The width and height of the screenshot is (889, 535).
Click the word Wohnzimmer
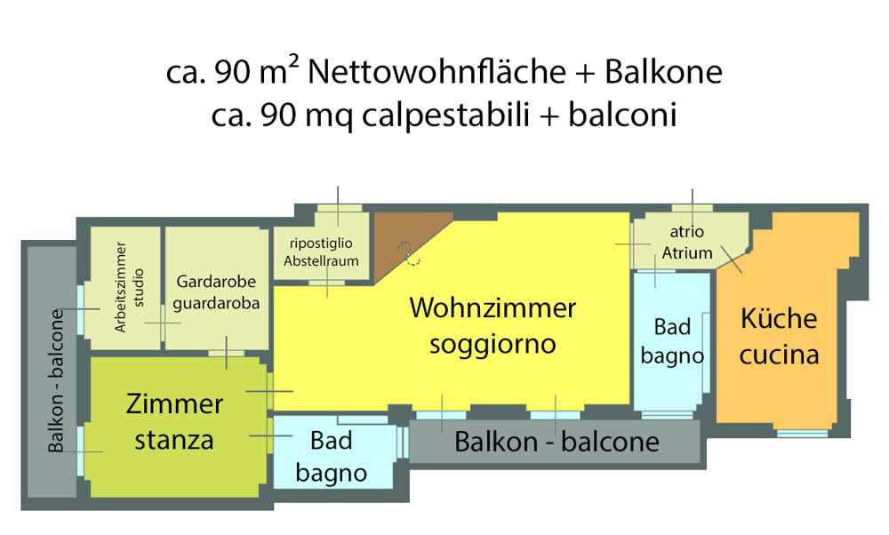[x=493, y=309]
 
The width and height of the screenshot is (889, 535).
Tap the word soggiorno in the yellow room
[x=493, y=343]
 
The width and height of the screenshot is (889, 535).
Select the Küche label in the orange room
[x=779, y=319]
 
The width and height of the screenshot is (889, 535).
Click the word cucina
[x=779, y=355]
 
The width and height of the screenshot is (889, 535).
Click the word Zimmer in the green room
[x=174, y=404]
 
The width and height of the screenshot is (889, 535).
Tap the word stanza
[x=174, y=439]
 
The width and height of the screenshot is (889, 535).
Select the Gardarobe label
[x=216, y=283]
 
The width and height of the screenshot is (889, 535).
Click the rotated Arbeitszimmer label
[x=121, y=287]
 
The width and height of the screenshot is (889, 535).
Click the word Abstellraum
[x=321, y=260]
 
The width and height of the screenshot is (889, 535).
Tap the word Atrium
[x=687, y=252]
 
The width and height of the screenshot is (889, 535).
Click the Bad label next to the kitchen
[x=672, y=327]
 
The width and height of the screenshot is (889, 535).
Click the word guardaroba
[x=216, y=303]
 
